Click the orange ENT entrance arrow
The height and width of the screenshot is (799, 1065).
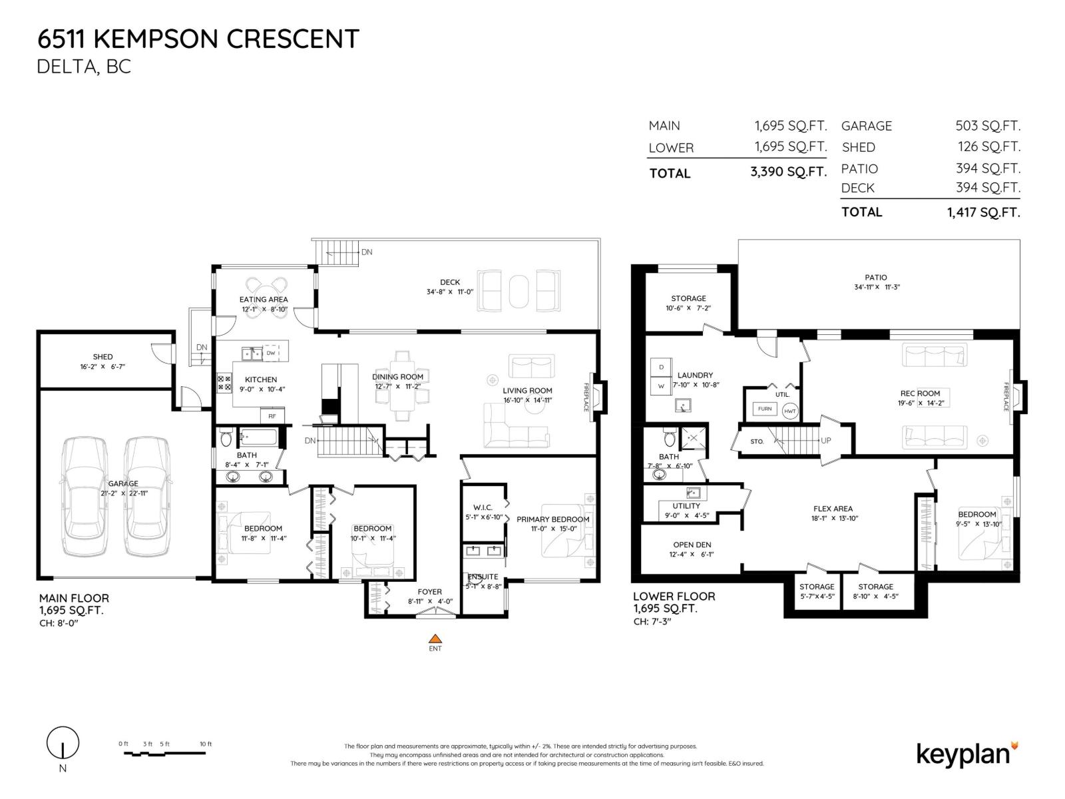point(435,638)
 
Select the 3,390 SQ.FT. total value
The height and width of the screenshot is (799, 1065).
point(788,172)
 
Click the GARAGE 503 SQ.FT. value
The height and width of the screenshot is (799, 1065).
point(988,125)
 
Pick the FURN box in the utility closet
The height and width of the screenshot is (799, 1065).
point(765,409)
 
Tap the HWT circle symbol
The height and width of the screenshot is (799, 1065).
point(790,411)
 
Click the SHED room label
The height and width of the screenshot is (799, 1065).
point(103,357)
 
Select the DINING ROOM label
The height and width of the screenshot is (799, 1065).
point(397,377)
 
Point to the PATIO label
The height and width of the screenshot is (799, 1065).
point(876,278)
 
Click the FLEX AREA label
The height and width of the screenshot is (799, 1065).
point(833,509)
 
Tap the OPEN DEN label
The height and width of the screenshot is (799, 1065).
point(692,545)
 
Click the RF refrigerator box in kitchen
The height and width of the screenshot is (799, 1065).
point(272,416)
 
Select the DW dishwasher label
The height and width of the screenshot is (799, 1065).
point(271,354)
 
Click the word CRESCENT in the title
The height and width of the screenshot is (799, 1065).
point(293,39)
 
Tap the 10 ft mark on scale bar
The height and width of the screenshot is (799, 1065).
point(206,744)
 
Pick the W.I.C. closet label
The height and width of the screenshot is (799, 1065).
point(483,507)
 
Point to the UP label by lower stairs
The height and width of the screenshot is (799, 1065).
point(826,440)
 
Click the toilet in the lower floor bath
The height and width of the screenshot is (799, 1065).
point(669,439)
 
